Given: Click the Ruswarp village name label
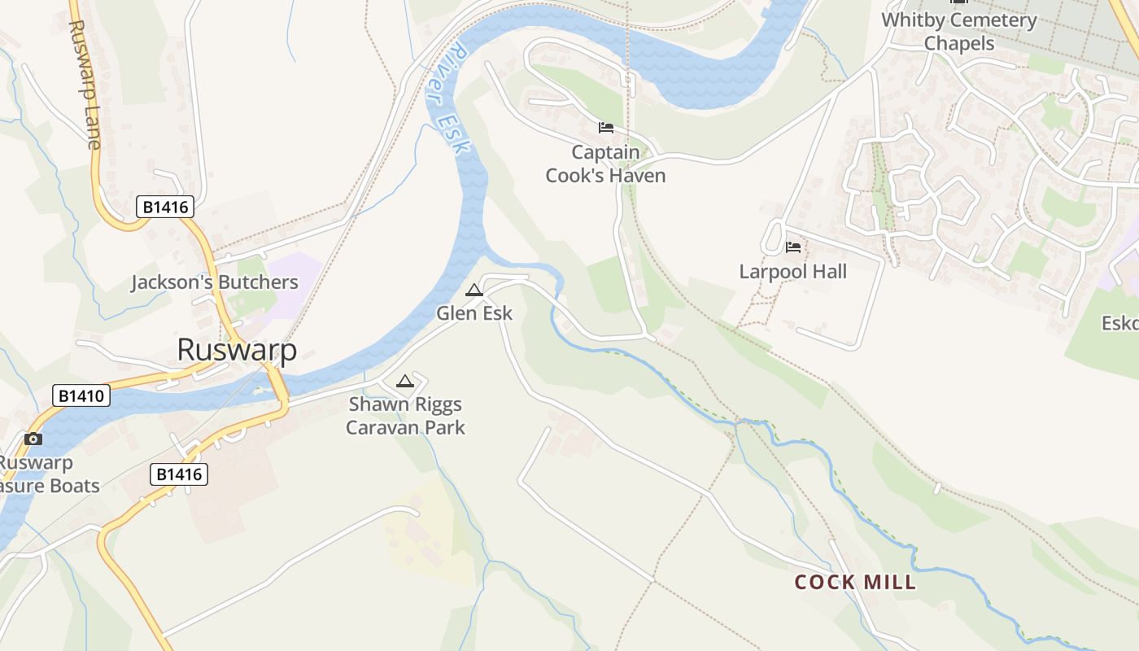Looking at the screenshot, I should click(x=237, y=349).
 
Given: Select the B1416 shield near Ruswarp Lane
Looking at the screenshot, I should click(x=165, y=208).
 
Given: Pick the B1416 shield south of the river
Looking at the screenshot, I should click(x=179, y=474).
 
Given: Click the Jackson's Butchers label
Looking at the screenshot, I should click(x=215, y=282).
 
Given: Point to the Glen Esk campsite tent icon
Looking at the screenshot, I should click(x=473, y=290).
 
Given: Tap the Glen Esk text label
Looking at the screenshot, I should click(x=474, y=312).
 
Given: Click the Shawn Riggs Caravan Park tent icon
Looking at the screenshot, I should click(x=404, y=381).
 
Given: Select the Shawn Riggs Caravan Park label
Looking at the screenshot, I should click(x=405, y=416).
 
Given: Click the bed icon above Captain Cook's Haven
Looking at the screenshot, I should click(x=605, y=128).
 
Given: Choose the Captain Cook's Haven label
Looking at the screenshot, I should click(x=605, y=164).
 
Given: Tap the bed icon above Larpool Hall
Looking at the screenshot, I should click(x=793, y=247).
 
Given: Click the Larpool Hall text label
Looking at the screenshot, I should click(x=792, y=272).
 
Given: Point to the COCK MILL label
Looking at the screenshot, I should click(x=855, y=582).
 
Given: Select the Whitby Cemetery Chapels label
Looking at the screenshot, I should click(x=959, y=31).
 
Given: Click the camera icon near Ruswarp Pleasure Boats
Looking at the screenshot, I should click(x=33, y=439).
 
